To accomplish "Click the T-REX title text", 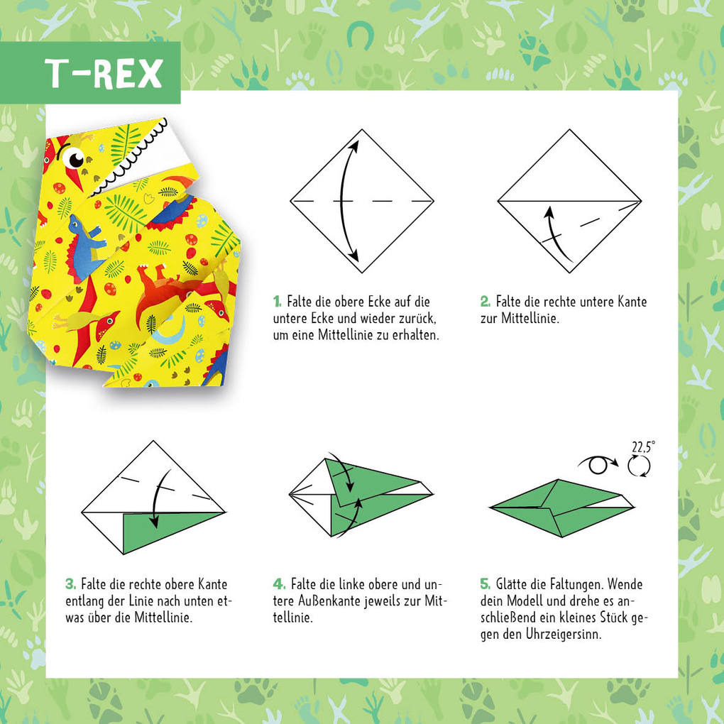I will [104, 72].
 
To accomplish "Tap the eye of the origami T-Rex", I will [74, 157].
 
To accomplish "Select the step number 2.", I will [486, 302].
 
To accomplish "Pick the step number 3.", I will [70, 584].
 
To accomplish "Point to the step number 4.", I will [279, 584].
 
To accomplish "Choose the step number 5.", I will [486, 584].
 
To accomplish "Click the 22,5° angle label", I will [643, 446].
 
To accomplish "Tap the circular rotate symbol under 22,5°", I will [640, 466].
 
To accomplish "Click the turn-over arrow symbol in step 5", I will [596, 465].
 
